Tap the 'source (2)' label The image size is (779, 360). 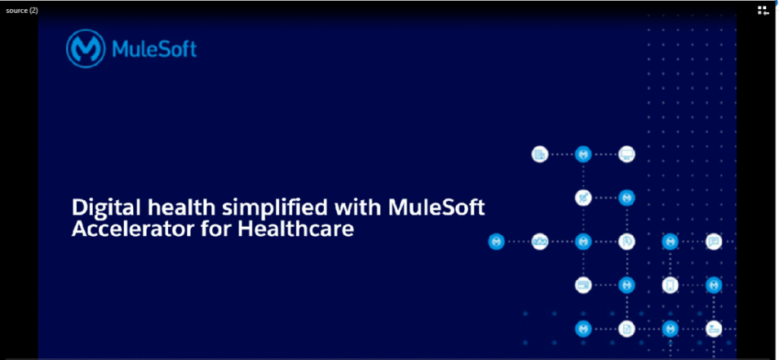pos(22,9)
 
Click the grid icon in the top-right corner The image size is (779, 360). pos(763,10)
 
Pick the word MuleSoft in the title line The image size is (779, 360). pos(436,208)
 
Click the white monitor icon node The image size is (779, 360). pos(627,154)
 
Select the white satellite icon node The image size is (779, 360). pos(583,198)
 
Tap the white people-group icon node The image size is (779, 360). pos(540,241)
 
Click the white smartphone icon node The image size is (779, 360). pos(669,285)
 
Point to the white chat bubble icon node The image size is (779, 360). pos(713,241)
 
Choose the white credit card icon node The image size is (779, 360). pos(583,285)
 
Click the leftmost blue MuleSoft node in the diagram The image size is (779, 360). pos(497,241)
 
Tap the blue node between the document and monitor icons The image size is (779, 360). pos(583,154)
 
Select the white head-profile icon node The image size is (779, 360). pos(627,241)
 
